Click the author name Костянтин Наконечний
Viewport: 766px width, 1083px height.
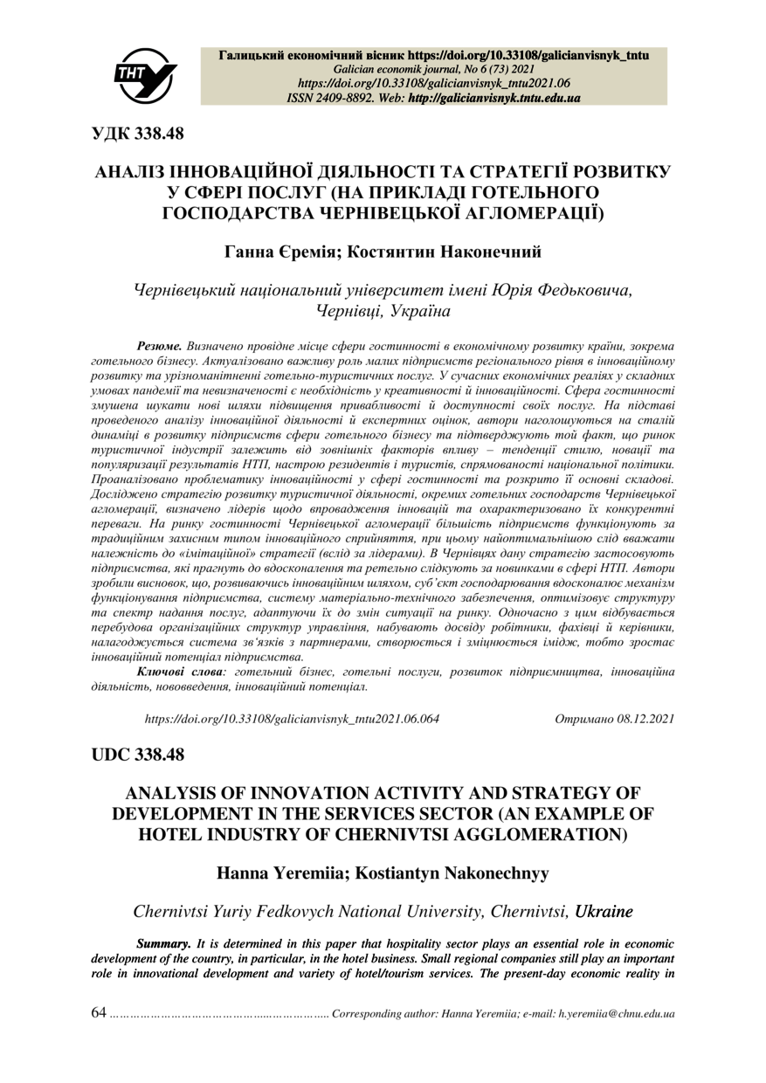[x=444, y=253]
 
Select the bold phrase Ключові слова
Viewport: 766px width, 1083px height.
[x=180, y=671]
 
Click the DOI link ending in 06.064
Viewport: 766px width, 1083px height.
[x=291, y=719]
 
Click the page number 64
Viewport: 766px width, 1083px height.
[x=99, y=1013]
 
